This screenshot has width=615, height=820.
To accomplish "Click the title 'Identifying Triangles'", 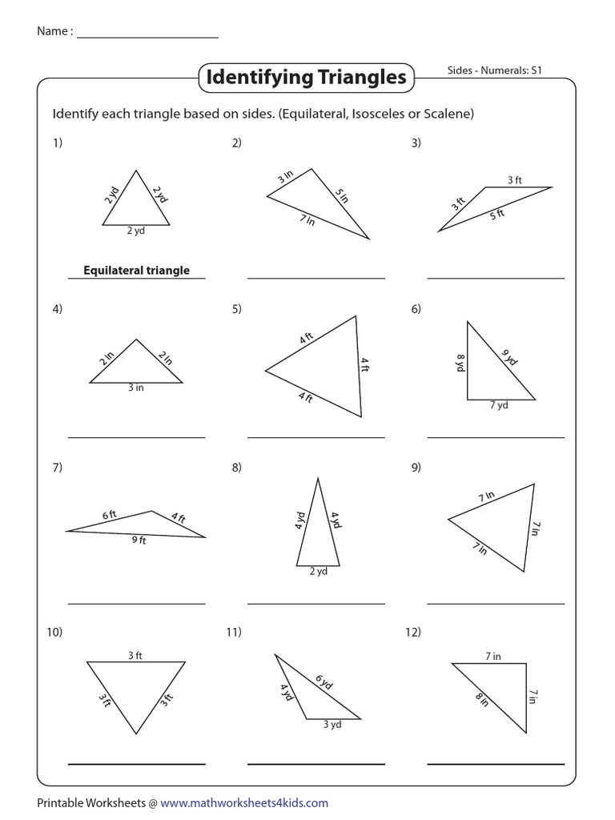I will [x=307, y=78].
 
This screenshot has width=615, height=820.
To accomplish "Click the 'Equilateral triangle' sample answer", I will [x=137, y=271].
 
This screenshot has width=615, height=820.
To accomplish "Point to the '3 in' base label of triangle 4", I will [x=136, y=388].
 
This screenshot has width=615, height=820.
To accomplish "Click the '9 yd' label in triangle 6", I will [x=509, y=357].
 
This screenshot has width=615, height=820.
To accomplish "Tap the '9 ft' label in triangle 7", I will [x=139, y=540].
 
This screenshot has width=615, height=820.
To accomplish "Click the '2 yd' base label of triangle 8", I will [x=318, y=571].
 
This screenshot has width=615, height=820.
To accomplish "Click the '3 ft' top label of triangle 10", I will [x=135, y=656].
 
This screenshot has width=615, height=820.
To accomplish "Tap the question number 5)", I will [x=236, y=309].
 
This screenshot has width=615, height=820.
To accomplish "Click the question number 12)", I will [x=413, y=633].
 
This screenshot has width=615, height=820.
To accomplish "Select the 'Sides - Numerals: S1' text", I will [x=495, y=70].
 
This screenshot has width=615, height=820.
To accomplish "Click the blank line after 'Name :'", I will [x=147, y=34].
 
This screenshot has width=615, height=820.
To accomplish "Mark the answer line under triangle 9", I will [x=496, y=602].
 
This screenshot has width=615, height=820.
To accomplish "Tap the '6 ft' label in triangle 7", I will [x=110, y=516].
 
